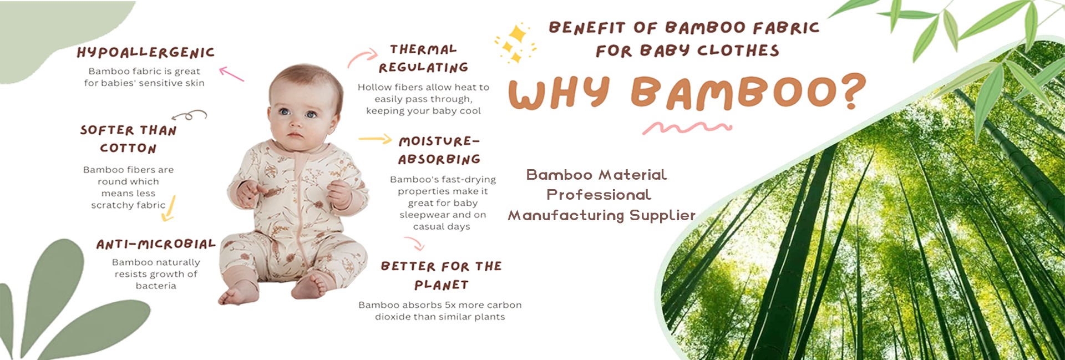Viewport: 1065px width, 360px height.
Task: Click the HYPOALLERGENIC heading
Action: [x=145, y=53]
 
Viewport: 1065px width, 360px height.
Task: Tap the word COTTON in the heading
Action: [x=128, y=148]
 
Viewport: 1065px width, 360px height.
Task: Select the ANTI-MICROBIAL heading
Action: [x=156, y=244]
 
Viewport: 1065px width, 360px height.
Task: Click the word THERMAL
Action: [x=423, y=49]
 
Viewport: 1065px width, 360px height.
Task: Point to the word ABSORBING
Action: [x=439, y=159]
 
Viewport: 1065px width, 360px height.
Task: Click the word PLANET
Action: [x=442, y=285]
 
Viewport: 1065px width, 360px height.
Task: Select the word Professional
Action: [x=599, y=195]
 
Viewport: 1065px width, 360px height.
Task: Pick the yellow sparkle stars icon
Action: [x=515, y=42]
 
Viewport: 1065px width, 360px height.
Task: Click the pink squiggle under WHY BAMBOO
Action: [x=687, y=128]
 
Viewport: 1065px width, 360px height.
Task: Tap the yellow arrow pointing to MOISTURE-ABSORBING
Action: [x=375, y=139]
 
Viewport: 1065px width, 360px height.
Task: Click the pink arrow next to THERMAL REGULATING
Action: [x=363, y=57]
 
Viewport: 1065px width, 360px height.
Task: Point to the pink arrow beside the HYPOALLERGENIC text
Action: [x=231, y=74]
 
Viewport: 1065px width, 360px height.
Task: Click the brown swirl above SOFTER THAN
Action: [x=190, y=115]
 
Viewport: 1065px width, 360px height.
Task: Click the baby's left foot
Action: [x=312, y=287]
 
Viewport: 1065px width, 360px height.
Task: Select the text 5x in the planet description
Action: [x=450, y=305]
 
